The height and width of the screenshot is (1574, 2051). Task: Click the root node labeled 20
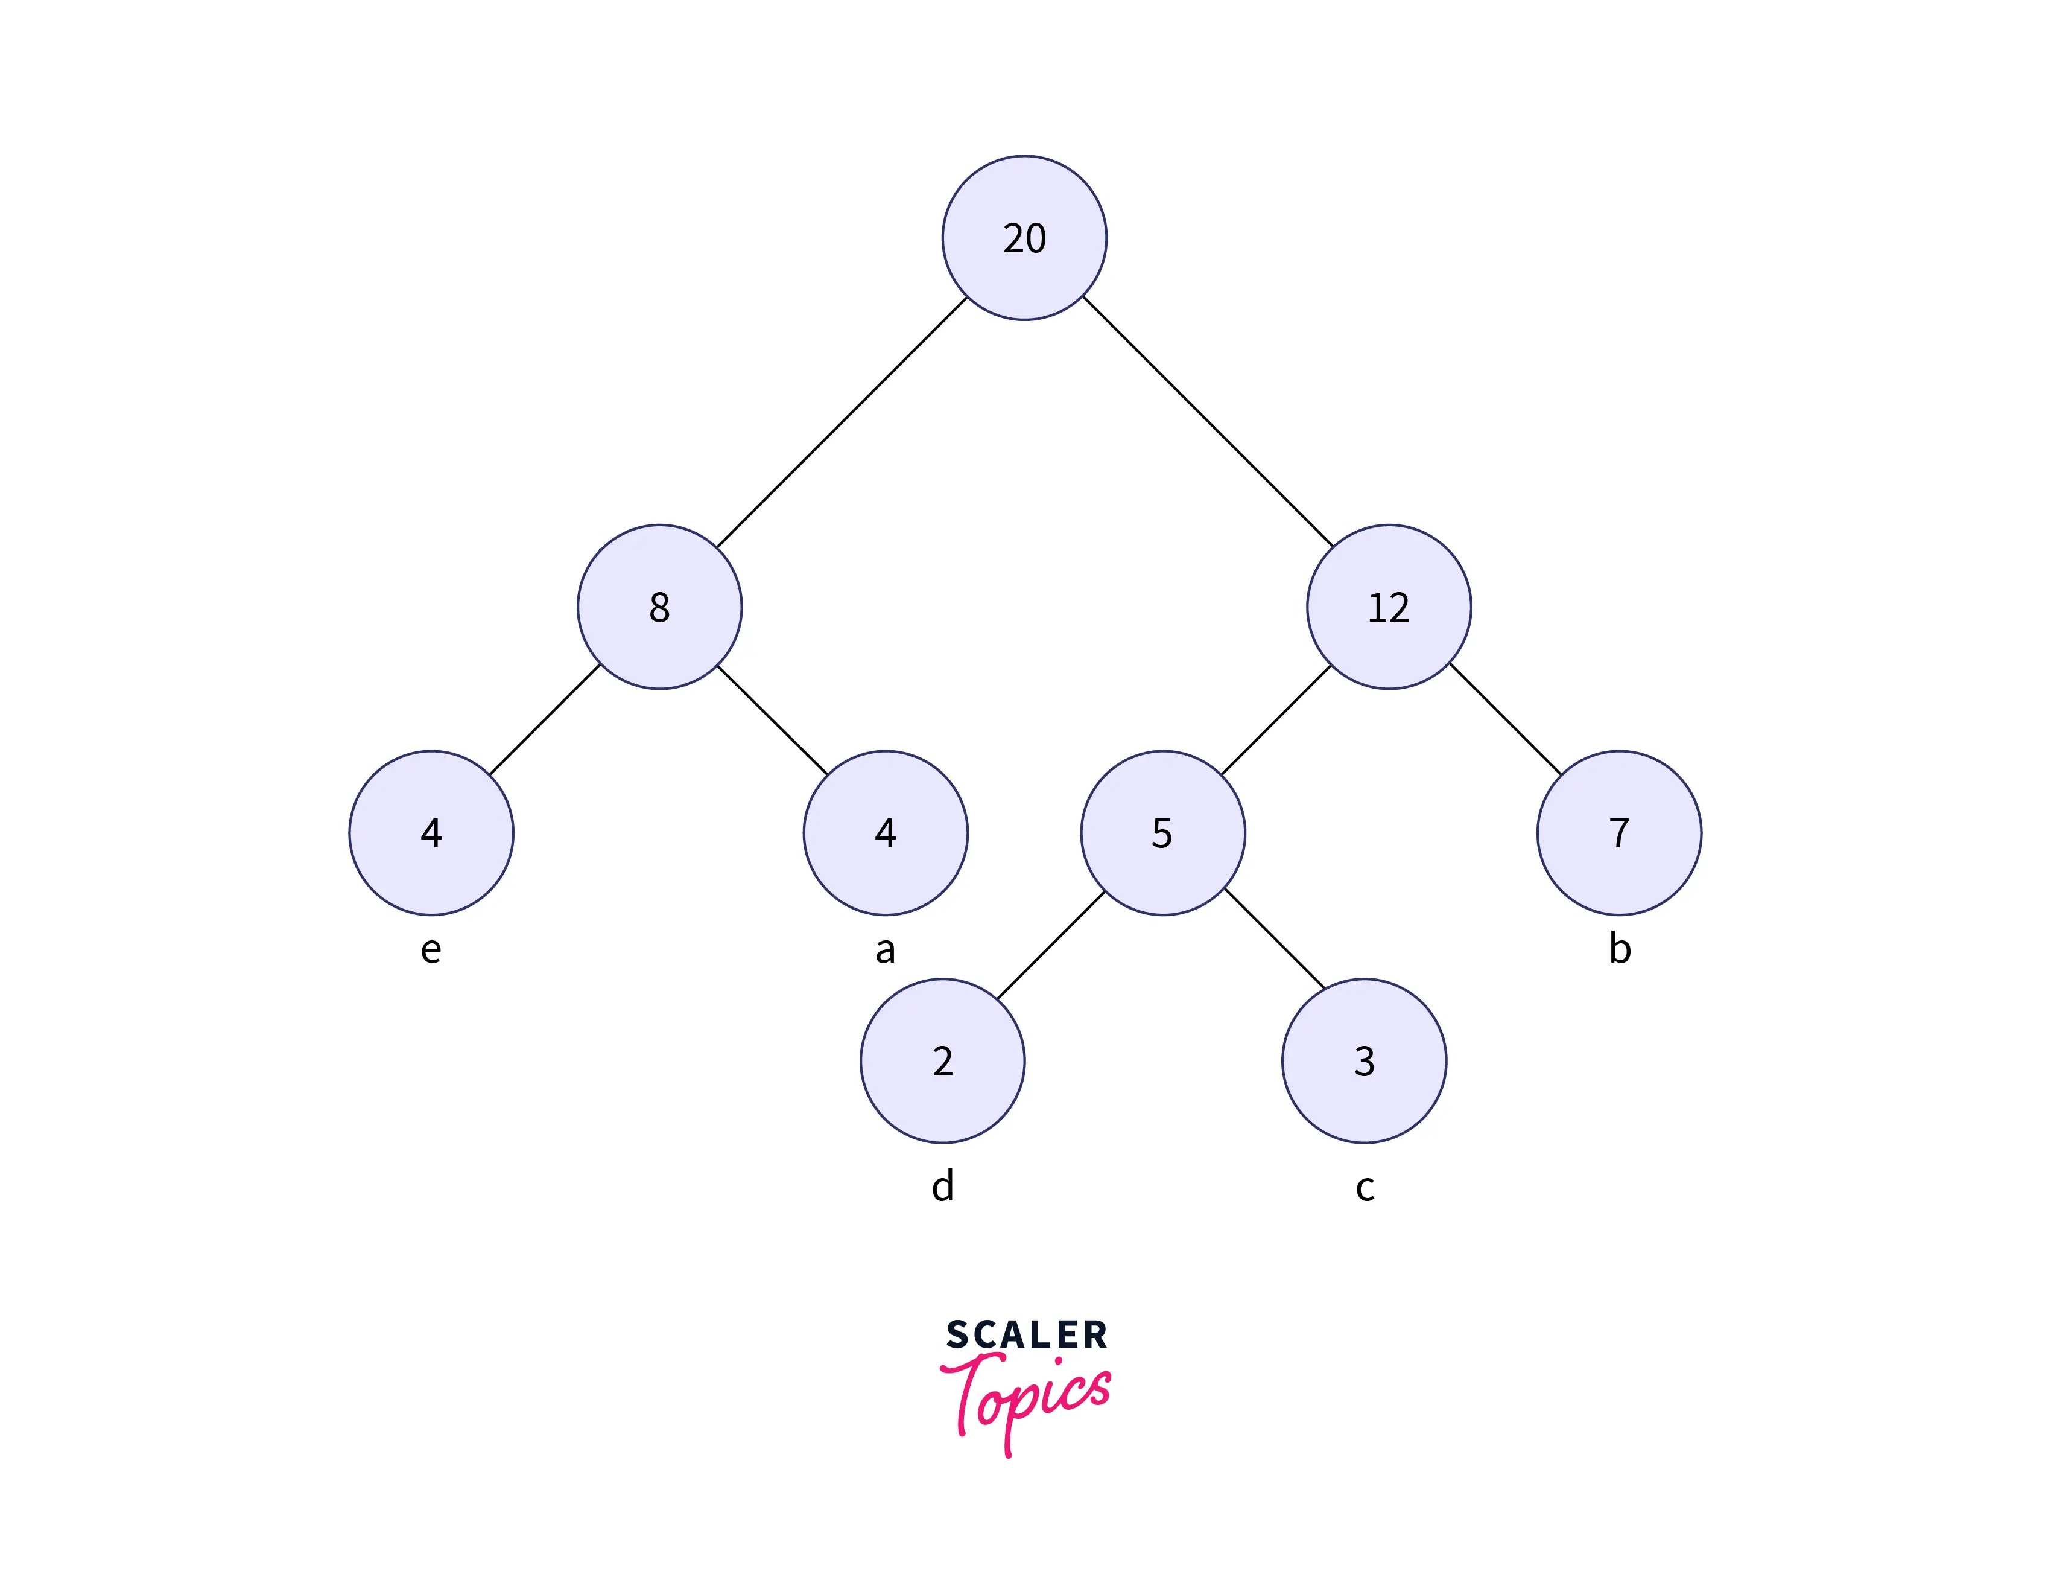click(x=1024, y=238)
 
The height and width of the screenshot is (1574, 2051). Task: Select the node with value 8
click(x=659, y=607)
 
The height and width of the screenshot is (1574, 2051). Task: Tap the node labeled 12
click(x=1388, y=607)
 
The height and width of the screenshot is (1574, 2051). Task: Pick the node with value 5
click(x=1162, y=833)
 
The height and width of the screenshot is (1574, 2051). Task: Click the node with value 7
click(x=1618, y=833)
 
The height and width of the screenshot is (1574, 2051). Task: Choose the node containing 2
click(x=942, y=1060)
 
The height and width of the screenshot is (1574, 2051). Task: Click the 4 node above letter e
click(x=431, y=833)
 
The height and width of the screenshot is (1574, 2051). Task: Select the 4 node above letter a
click(x=885, y=833)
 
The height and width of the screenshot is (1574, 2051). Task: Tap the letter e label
click(x=431, y=950)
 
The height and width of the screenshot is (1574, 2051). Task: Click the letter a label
click(x=885, y=950)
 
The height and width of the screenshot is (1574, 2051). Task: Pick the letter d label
click(x=942, y=1186)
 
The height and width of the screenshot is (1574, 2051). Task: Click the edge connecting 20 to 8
click(x=841, y=422)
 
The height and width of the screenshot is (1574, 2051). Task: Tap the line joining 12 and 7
click(x=1505, y=719)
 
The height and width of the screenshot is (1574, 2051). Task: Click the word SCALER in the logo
click(x=1027, y=1335)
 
